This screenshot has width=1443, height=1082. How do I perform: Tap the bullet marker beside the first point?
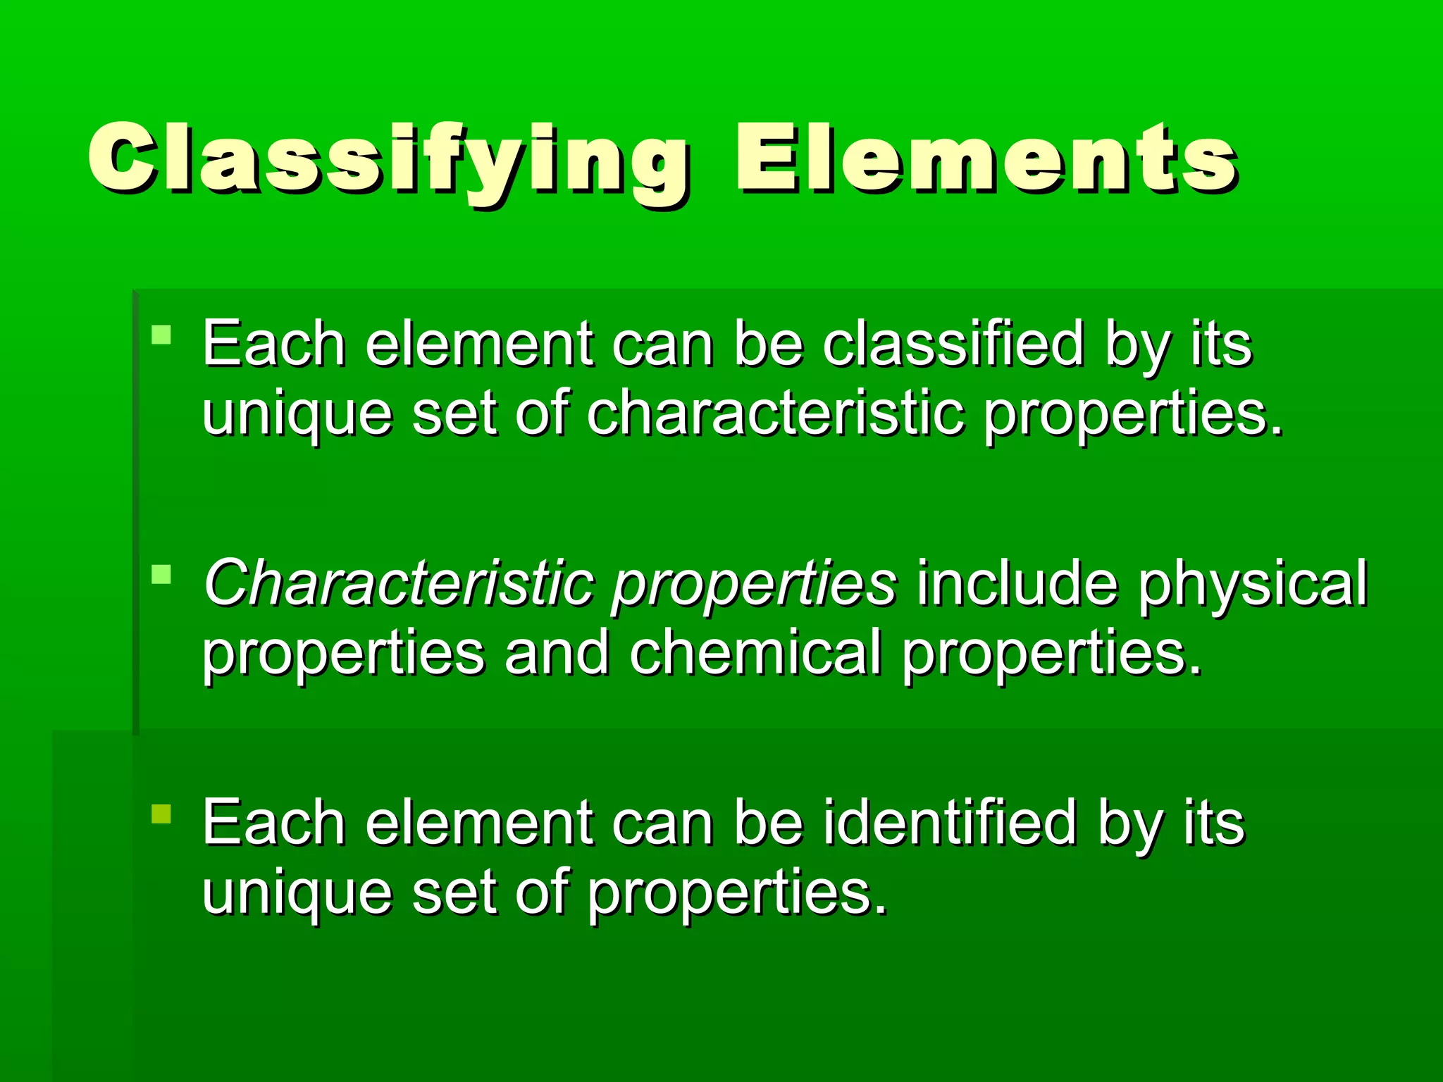click(161, 334)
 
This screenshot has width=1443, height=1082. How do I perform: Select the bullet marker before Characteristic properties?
click(161, 575)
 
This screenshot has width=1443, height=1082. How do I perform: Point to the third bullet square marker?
click(161, 814)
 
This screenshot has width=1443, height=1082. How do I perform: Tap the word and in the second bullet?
click(557, 652)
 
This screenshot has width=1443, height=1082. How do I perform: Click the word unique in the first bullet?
click(297, 414)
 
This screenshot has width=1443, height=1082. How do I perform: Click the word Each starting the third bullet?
click(274, 822)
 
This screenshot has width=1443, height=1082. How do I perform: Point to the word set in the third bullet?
click(454, 892)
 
